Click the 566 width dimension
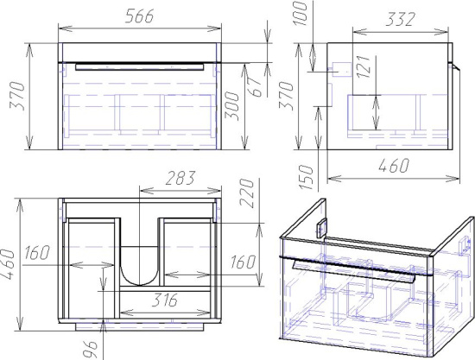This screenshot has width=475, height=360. pos(140,16)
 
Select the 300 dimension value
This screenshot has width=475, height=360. pos(232,106)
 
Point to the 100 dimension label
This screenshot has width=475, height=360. pos(301,14)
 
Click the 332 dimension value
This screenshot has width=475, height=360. pos(400,20)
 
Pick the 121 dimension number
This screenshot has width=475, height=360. pos(364,66)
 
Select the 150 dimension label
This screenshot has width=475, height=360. pos(306,178)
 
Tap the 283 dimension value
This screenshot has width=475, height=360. pos(180,179)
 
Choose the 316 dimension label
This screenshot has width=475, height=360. pos(164,300)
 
